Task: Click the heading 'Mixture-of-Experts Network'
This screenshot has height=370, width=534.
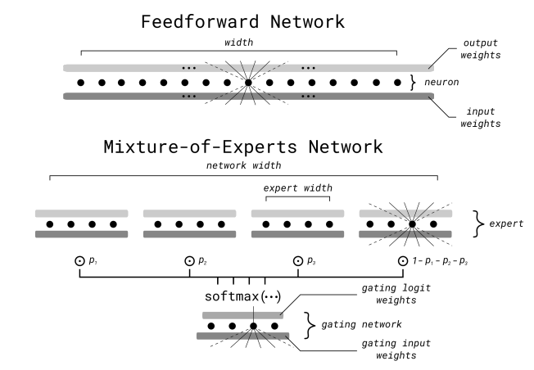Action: click(243, 148)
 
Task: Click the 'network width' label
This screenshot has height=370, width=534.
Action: click(243, 165)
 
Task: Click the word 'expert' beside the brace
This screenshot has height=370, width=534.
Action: click(499, 223)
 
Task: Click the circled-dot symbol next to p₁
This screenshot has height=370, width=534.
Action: click(79, 261)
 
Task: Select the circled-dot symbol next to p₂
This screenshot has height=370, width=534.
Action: click(188, 261)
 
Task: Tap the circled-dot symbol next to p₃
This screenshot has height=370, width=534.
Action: click(296, 261)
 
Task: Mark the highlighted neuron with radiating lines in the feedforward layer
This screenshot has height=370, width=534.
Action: click(248, 83)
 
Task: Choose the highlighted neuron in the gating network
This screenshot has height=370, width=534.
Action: click(254, 325)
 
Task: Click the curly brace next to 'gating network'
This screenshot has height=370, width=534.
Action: click(310, 325)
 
